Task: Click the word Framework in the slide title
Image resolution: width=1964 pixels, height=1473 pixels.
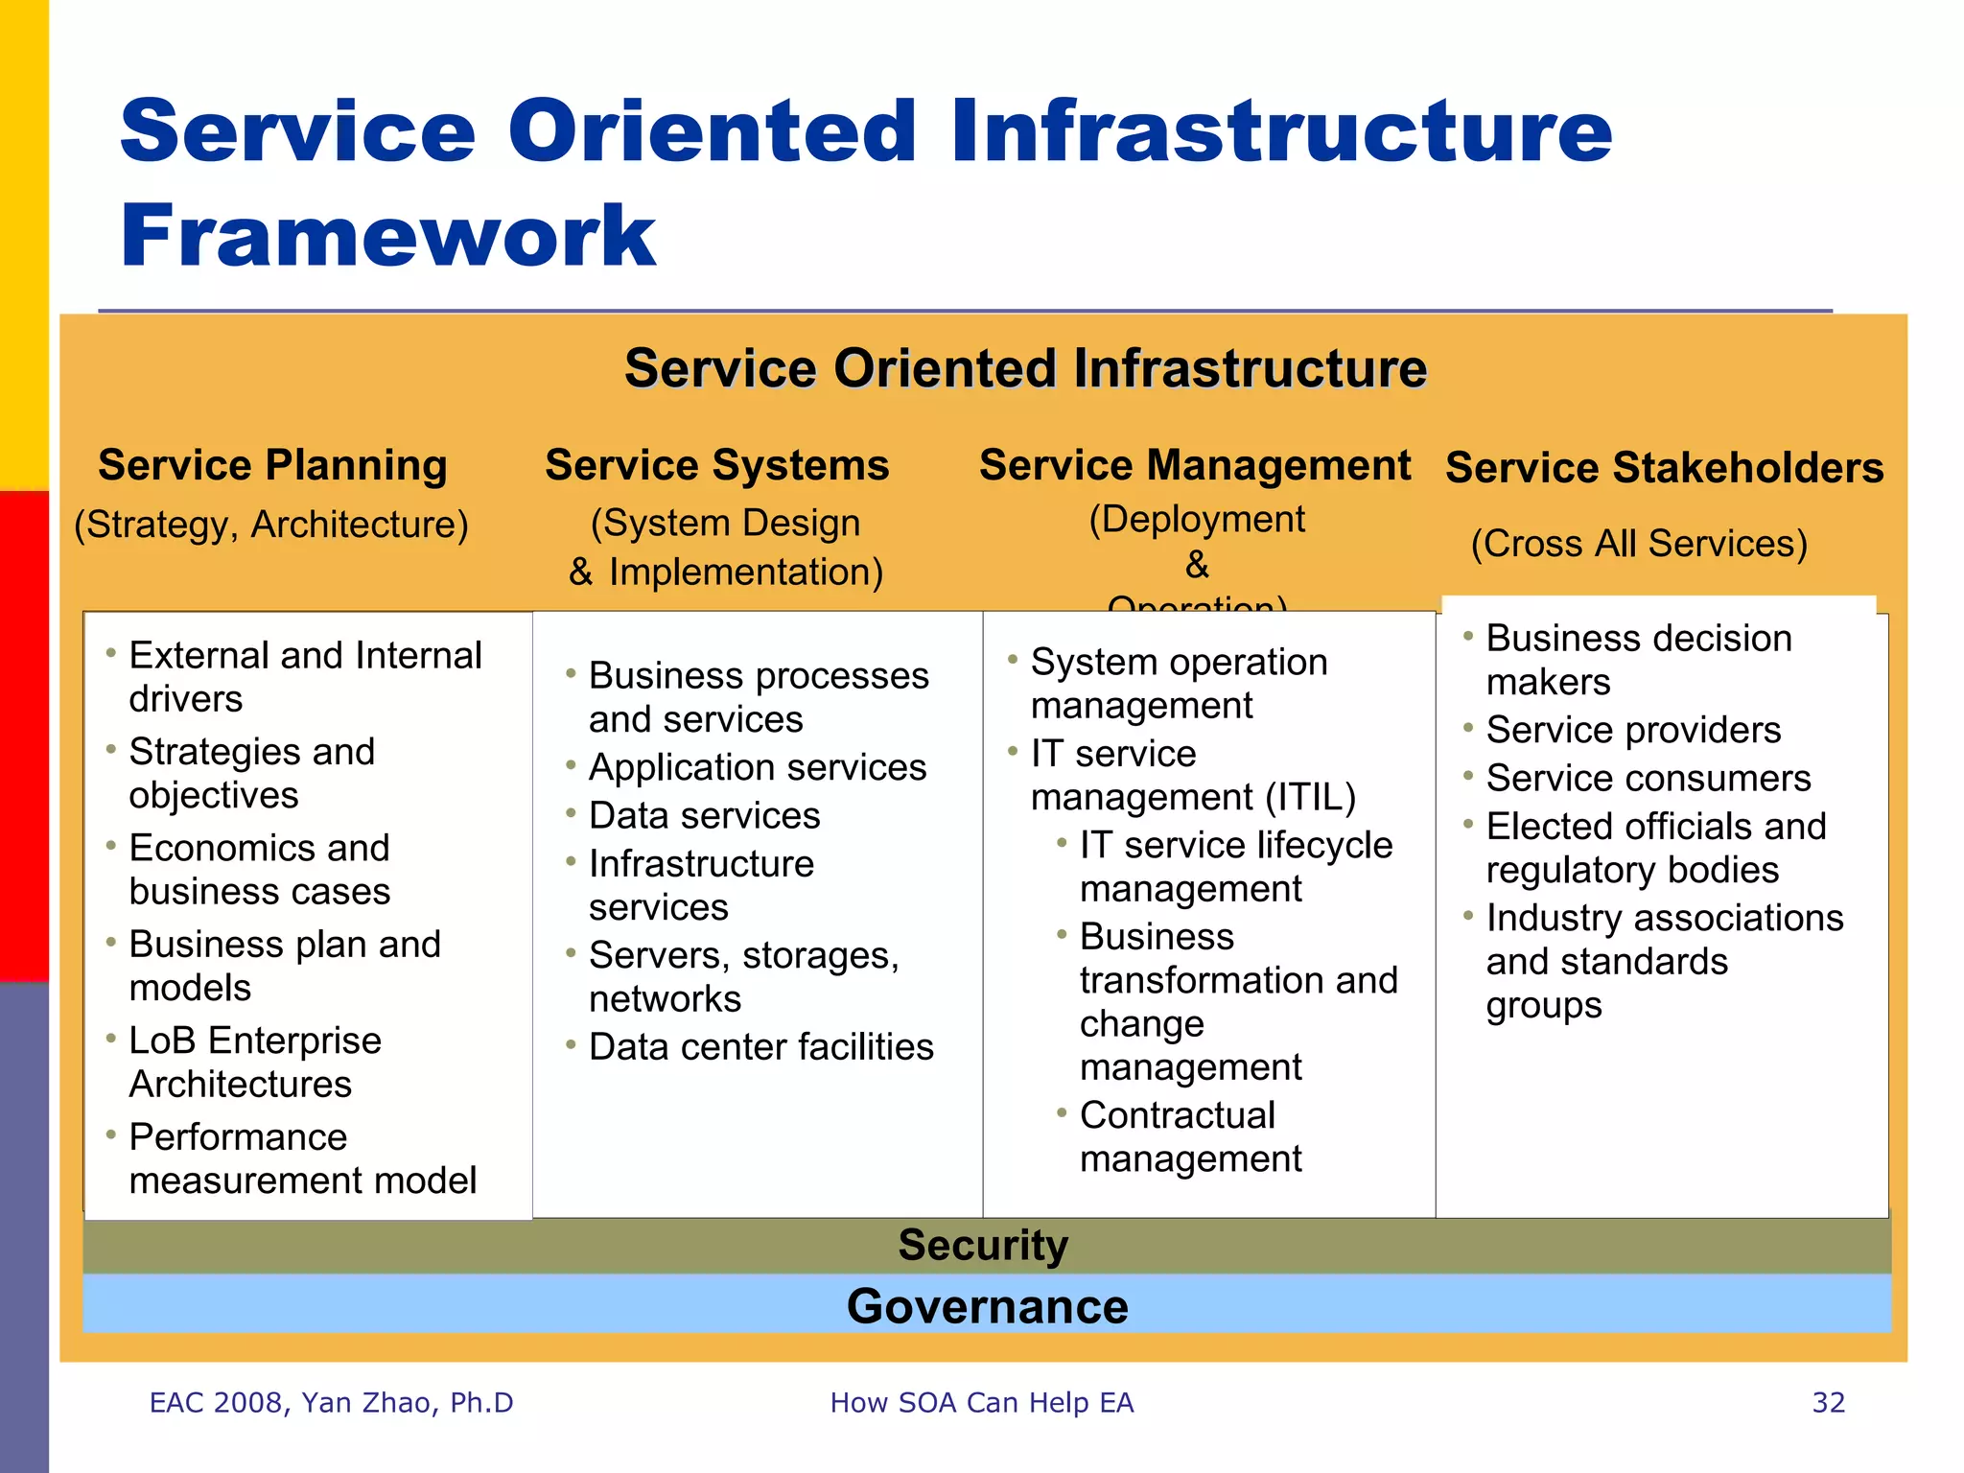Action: (387, 236)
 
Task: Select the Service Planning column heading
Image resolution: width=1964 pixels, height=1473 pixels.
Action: (272, 465)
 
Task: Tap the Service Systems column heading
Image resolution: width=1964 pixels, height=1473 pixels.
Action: (716, 465)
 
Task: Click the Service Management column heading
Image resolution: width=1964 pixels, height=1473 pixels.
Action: (1194, 465)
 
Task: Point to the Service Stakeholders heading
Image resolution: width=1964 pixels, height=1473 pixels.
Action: (1664, 468)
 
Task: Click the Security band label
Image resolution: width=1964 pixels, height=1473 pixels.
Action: (983, 1245)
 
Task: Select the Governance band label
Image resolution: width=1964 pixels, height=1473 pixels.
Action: (987, 1306)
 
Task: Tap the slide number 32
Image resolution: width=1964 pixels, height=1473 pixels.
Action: (1828, 1402)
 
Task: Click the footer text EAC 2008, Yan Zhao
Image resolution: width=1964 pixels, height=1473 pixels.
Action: (331, 1402)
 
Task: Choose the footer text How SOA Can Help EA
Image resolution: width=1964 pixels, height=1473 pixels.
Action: (981, 1402)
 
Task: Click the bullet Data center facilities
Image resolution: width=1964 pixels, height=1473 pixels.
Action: (760, 1046)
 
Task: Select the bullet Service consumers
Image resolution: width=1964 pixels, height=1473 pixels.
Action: (1648, 778)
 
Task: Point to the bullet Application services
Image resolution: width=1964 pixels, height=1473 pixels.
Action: (757, 767)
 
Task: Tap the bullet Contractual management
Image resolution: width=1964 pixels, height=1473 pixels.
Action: (1189, 1136)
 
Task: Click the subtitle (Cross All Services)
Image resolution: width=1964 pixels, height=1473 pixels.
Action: (1639, 543)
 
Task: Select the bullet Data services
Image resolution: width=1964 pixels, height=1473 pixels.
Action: (704, 815)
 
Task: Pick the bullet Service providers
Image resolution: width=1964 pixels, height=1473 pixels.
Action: (1633, 730)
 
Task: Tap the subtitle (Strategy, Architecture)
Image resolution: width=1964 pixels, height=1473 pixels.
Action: (271, 525)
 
